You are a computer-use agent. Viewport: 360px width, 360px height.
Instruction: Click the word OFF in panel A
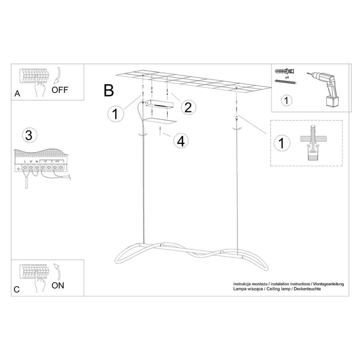click(60, 90)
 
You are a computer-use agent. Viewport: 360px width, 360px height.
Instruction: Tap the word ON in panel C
click(58, 285)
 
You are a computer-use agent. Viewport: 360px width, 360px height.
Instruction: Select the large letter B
click(109, 90)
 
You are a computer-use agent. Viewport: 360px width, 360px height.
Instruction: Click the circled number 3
click(29, 136)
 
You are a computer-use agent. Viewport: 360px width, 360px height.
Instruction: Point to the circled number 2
click(188, 107)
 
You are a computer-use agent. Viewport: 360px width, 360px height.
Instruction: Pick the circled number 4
click(180, 141)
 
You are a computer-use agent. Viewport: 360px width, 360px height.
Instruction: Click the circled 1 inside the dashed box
click(281, 143)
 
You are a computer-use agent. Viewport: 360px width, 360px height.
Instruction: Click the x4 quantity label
click(286, 77)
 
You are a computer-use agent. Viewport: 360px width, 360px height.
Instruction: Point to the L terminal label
click(25, 162)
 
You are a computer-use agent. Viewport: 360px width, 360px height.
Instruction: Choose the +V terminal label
click(57, 162)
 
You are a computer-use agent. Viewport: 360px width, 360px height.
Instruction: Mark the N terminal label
click(31, 162)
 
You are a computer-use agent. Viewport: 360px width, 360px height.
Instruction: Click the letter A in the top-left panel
click(17, 94)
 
